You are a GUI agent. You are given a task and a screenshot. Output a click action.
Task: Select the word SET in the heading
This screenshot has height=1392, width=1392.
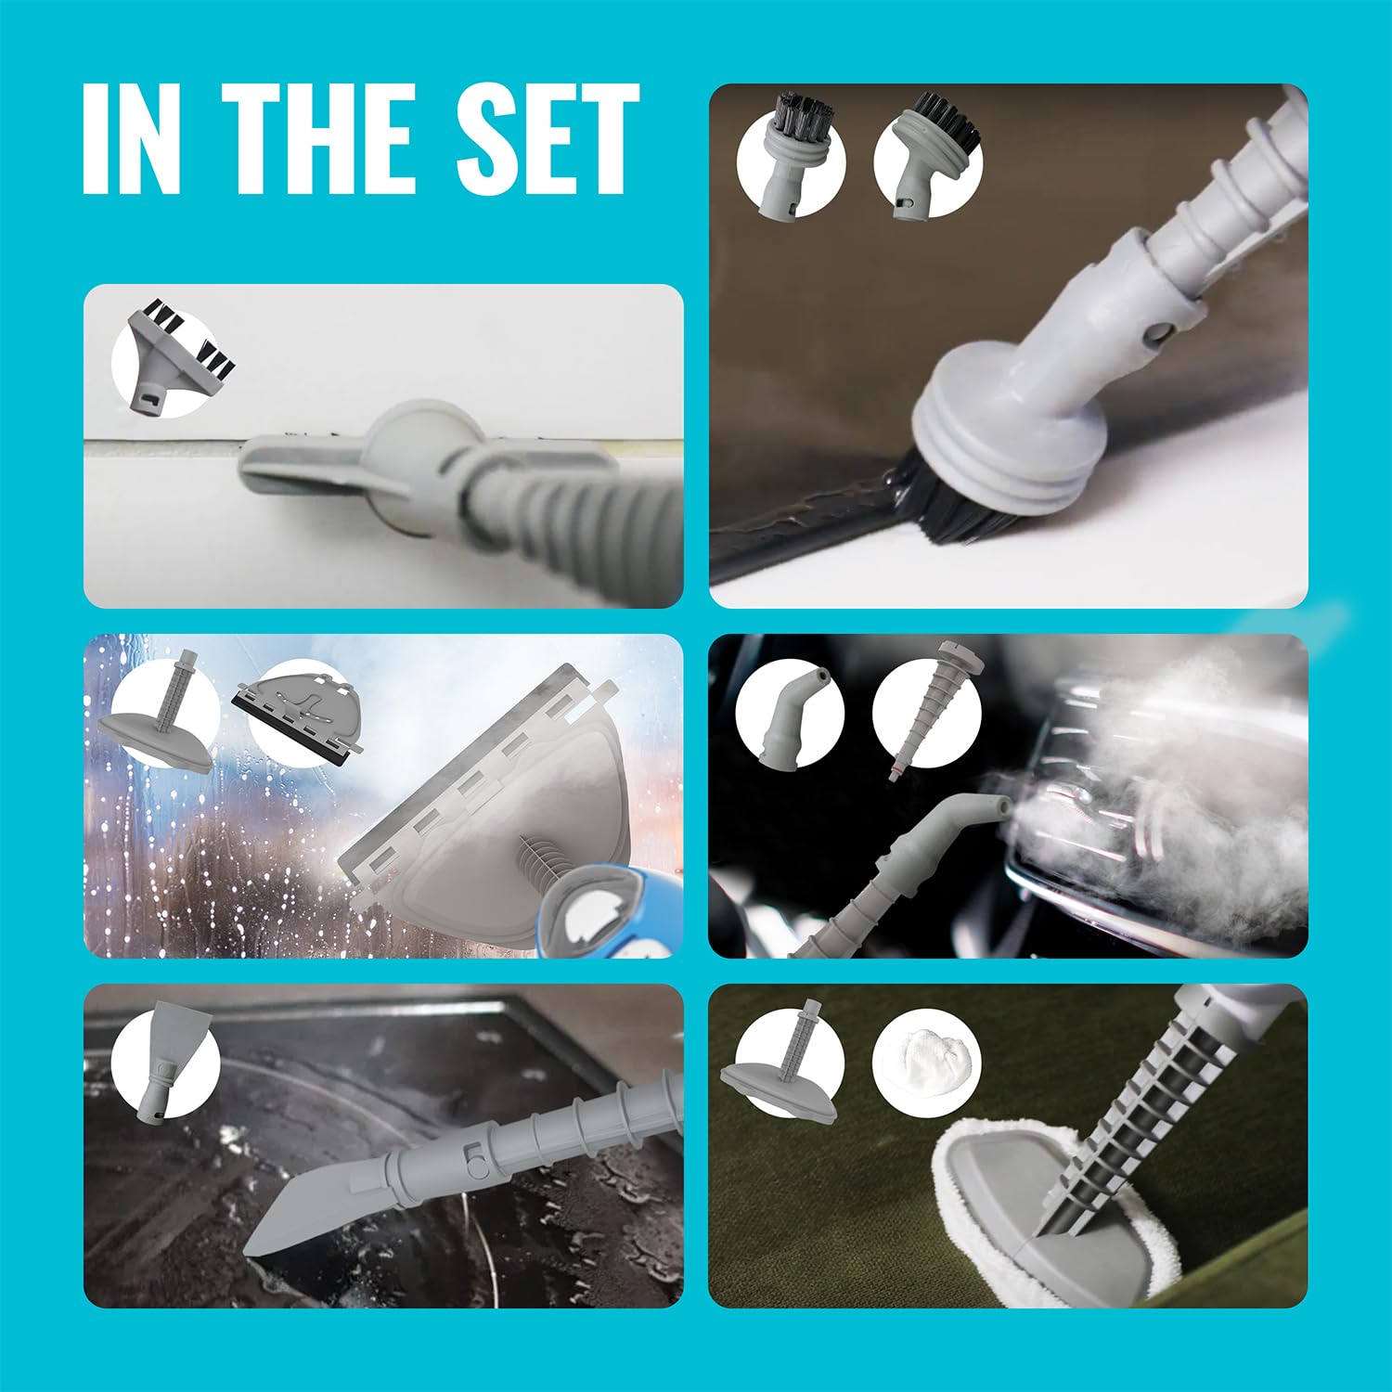pyautogui.click(x=548, y=139)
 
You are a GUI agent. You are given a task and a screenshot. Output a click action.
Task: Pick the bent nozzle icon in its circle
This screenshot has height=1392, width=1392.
pyautogui.click(x=789, y=715)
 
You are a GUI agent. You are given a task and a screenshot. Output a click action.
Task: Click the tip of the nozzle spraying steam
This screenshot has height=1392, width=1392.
pyautogui.click(x=1000, y=806)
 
